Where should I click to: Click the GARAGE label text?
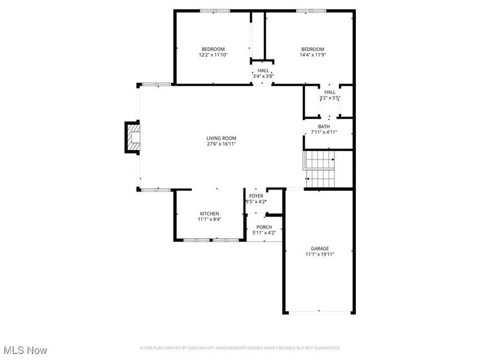320,248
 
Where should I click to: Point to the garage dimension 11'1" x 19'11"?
320,254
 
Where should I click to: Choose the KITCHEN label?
209,214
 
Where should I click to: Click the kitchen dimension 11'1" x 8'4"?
209,220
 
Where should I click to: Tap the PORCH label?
264,227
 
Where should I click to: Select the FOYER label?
256,196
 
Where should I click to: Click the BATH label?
324,127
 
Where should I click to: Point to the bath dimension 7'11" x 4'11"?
324,133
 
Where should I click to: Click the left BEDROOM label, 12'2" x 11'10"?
213,49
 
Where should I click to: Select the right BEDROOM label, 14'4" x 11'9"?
313,49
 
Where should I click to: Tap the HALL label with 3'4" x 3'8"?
263,70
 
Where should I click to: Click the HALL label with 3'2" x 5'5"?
330,92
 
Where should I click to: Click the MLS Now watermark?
25,349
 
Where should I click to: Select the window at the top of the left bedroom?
214,10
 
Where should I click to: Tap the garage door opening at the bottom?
319,312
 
